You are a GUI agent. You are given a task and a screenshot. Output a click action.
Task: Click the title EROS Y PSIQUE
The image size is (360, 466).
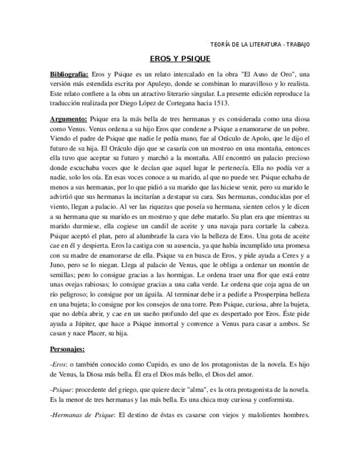[180, 58]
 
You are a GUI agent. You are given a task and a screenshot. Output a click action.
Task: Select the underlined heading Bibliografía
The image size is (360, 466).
[69, 74]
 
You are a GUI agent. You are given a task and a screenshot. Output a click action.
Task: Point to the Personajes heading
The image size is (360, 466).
[68, 348]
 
